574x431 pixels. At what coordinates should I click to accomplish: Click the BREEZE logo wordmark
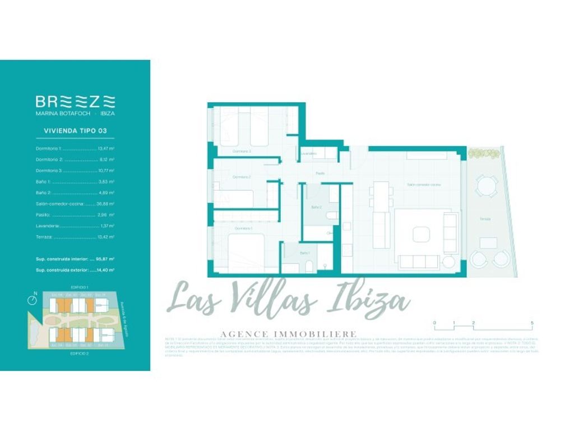[x=75, y=101]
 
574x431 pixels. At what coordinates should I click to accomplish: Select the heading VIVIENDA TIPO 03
[x=75, y=131]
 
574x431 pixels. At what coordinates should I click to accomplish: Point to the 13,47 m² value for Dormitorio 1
[x=106, y=149]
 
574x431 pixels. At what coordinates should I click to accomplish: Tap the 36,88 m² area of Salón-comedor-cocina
[x=105, y=204]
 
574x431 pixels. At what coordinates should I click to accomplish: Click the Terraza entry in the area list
[x=45, y=237]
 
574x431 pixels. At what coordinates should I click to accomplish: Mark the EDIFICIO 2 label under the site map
[x=80, y=354]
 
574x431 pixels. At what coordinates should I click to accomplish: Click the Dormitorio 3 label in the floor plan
[x=242, y=152]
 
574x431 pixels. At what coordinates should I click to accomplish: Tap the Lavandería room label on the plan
[x=308, y=153]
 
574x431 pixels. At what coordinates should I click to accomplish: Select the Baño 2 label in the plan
[x=316, y=208]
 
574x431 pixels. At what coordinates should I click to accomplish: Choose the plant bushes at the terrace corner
[x=482, y=153]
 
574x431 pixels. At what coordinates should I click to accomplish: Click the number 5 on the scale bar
[x=531, y=323]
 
